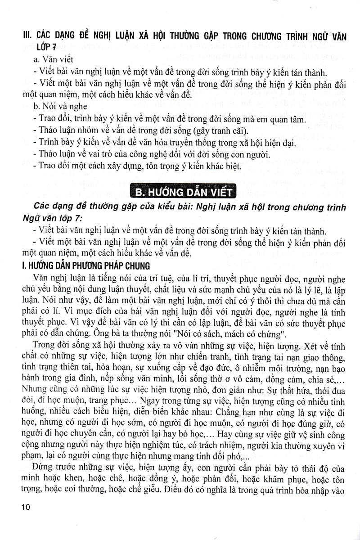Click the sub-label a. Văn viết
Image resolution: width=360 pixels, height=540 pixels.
click(x=50, y=59)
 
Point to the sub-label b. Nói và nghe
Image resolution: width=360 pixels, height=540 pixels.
click(x=58, y=107)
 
